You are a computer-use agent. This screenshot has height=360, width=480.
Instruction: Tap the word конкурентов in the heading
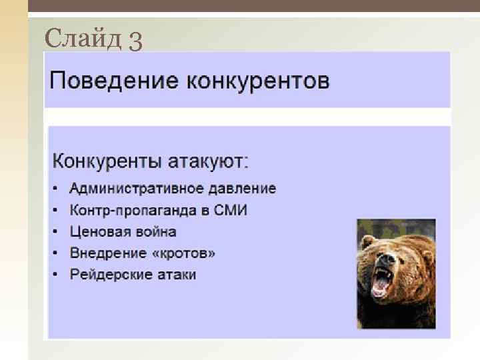pos(258,82)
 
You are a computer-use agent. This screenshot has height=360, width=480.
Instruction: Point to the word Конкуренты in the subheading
pos(104,162)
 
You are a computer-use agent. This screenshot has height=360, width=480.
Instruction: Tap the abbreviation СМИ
pos(231,211)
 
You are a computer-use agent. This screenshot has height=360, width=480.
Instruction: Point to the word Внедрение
pos(108,253)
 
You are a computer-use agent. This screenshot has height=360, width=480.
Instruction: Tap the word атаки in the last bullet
pos(176,275)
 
